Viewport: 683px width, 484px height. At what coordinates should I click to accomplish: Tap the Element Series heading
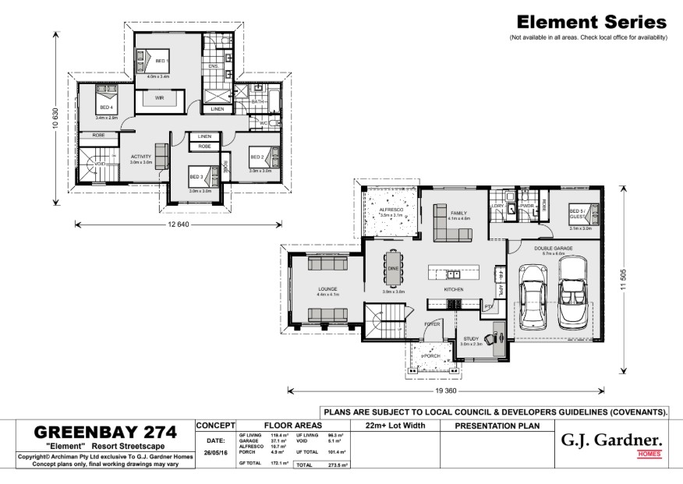pos(592,23)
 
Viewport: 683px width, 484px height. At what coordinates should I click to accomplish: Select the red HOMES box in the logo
pos(649,454)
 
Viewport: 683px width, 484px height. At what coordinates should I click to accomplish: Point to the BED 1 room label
pos(161,61)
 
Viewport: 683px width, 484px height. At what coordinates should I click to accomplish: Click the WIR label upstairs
pos(159,98)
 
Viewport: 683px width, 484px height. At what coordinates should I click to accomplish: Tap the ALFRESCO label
pos(390,210)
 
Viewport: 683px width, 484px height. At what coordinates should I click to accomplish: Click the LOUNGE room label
pos(327,288)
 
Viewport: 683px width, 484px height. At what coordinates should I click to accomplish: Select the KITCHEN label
pos(454,289)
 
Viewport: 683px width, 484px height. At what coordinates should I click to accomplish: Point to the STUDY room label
pos(470,338)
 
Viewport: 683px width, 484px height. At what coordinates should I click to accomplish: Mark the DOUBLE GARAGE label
pos(553,248)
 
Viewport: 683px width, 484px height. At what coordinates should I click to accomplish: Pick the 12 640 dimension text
pos(179,224)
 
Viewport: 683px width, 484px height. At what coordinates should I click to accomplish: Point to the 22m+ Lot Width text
pos(394,426)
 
